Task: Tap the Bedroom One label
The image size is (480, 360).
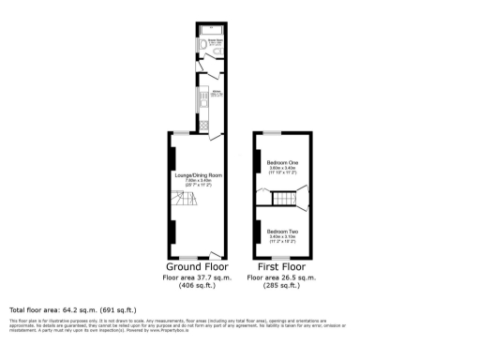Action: [x=281, y=161]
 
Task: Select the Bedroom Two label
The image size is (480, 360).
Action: [x=281, y=232]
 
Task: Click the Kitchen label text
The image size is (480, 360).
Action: [x=216, y=92]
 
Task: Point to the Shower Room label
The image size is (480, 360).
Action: [x=214, y=41]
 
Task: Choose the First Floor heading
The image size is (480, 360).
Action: [x=281, y=266]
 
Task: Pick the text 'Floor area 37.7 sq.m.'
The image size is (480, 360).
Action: [x=197, y=277]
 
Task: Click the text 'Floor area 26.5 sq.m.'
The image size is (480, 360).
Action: [x=281, y=277]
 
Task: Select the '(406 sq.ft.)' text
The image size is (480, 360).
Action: [x=197, y=287]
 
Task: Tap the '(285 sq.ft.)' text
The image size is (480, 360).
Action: [x=281, y=287]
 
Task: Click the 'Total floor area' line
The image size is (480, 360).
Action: [x=73, y=309]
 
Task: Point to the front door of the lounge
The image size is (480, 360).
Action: [x=216, y=253]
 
